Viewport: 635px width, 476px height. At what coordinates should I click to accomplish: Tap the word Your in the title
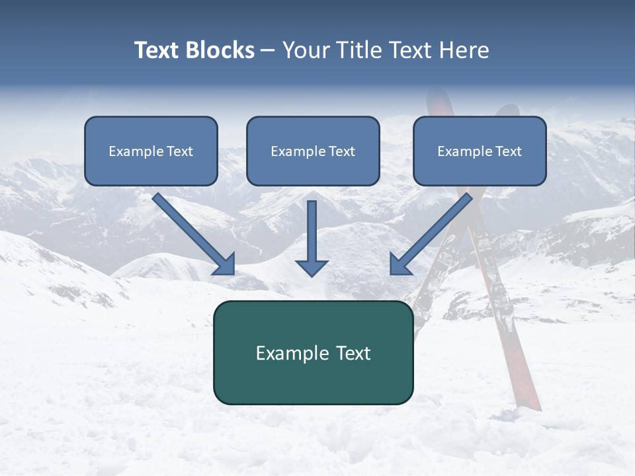[305, 50]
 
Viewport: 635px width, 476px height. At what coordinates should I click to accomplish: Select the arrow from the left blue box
[192, 233]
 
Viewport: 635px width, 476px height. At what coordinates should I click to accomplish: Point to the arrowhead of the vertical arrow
[312, 267]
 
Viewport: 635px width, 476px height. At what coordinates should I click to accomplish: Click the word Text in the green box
[353, 353]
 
